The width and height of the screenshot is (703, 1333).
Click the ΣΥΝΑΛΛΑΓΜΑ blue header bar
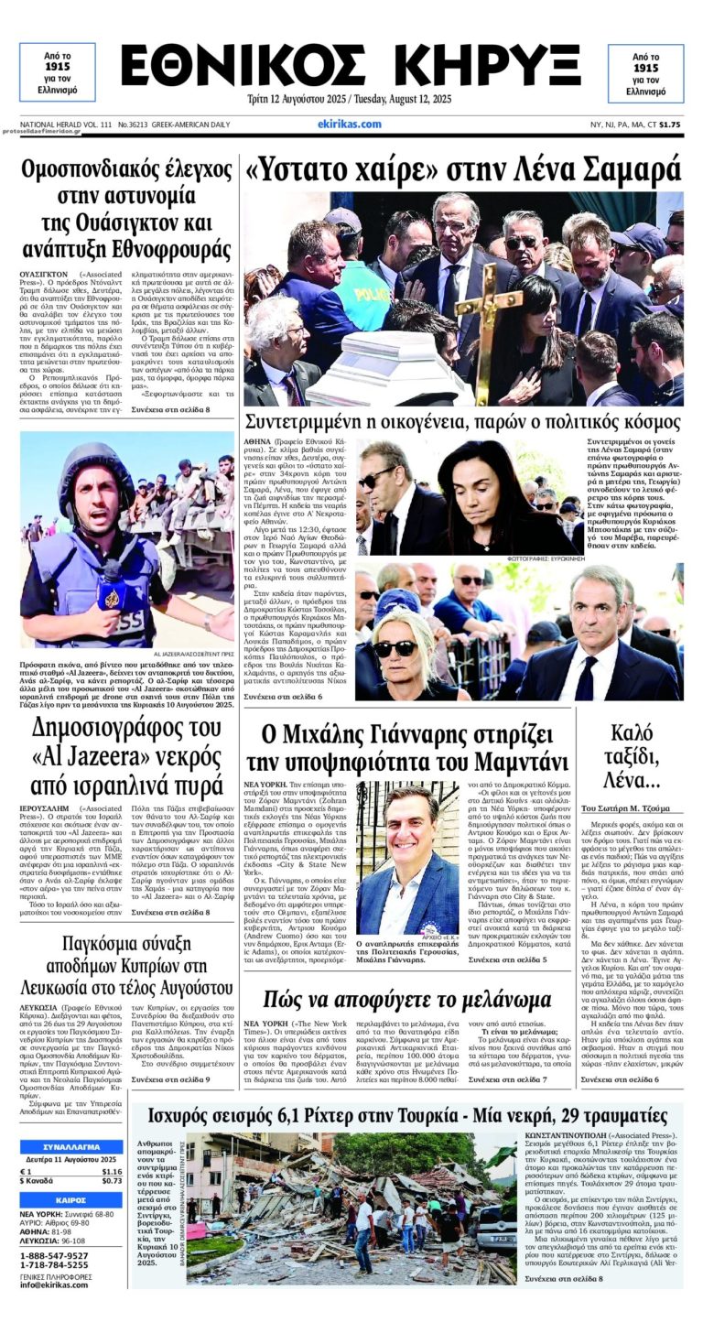pos(71,1146)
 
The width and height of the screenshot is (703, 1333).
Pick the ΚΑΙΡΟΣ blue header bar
pos(71,1199)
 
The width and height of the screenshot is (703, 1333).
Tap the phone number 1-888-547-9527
pos(54,1255)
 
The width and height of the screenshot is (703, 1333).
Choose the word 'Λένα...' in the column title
pos(645,781)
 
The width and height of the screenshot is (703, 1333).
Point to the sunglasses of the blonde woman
pos(395,648)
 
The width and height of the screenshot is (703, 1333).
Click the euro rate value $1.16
pos(112,1171)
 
